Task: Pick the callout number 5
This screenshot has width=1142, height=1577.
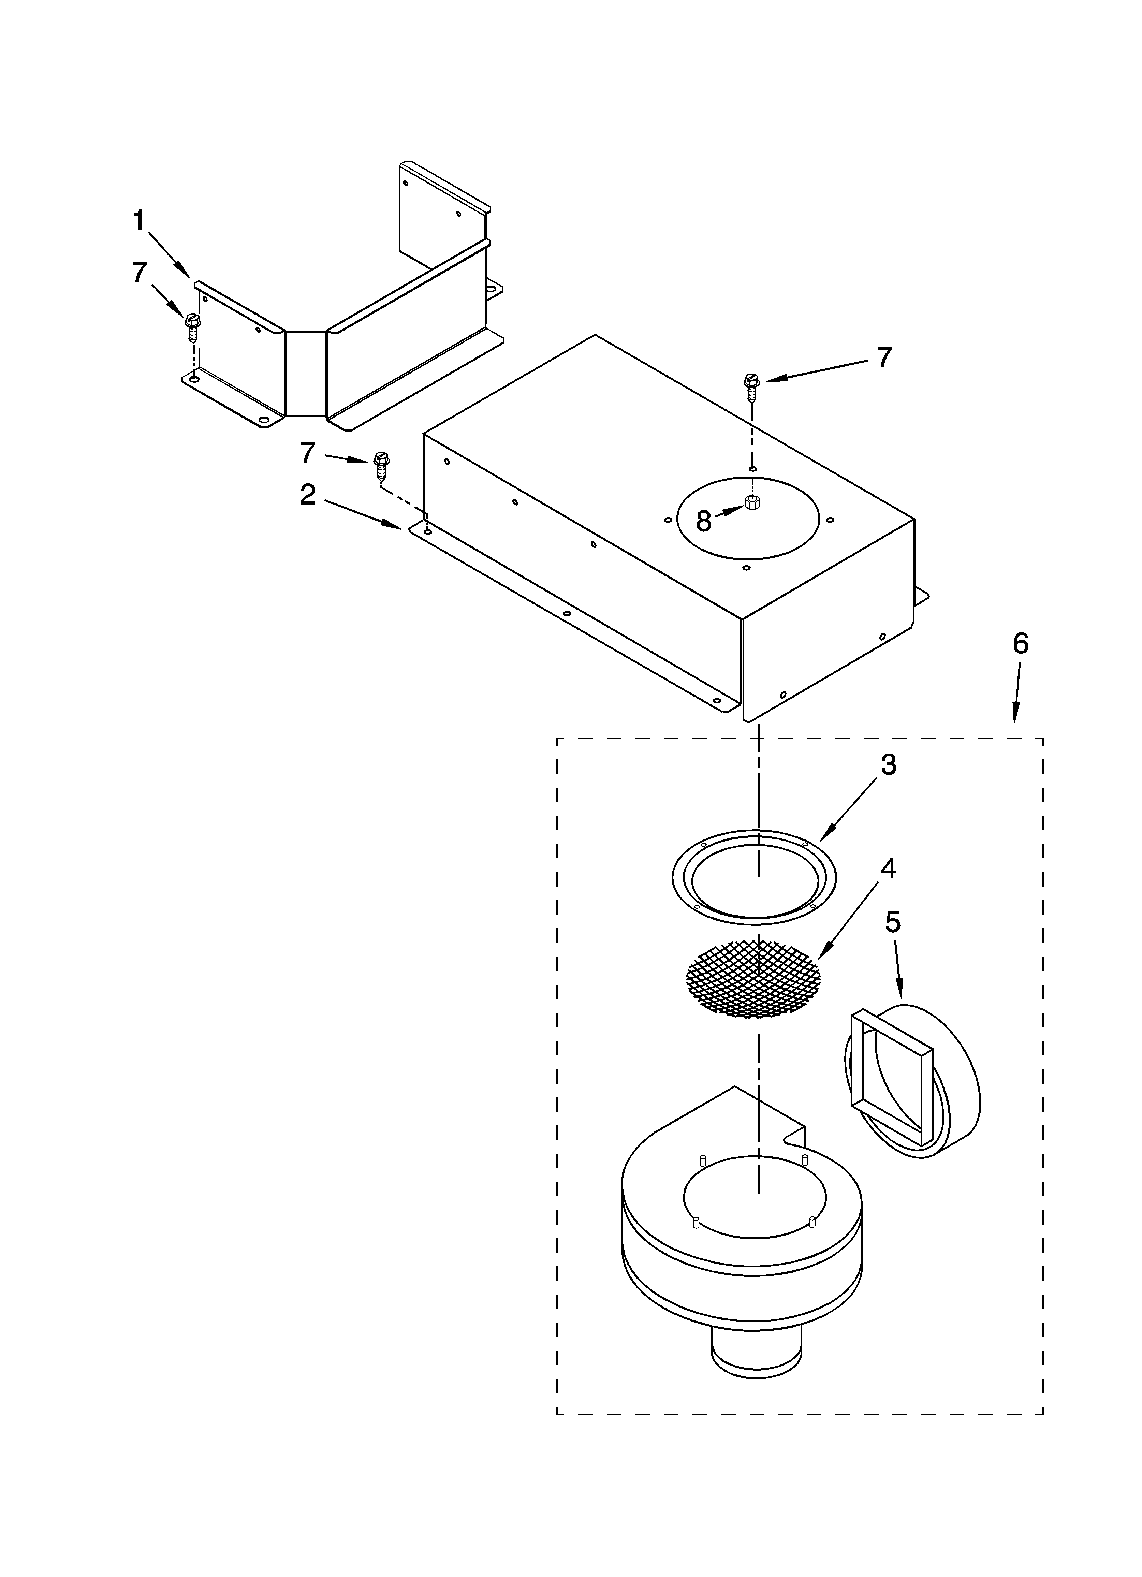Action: [893, 923]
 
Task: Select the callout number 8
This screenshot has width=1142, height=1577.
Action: [704, 521]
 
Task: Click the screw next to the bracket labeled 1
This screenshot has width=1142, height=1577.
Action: [192, 327]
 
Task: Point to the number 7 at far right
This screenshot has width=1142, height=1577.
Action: [883, 357]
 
